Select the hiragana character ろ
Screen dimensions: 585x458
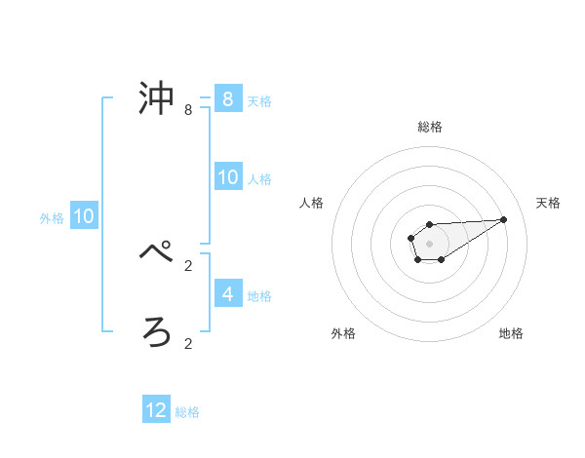click(158, 332)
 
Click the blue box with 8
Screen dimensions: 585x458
click(228, 98)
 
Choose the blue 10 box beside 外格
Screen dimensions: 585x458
click(84, 216)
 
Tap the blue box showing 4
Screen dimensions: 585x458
click(228, 293)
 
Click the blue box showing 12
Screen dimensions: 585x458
click(156, 410)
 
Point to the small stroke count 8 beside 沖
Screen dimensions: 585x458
click(188, 111)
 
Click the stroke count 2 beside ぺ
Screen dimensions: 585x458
click(188, 265)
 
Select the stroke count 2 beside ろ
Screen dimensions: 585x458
click(188, 343)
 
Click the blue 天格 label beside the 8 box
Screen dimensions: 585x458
click(259, 100)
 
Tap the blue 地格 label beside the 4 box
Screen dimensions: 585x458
click(259, 295)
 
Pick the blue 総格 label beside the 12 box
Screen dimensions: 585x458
click(187, 412)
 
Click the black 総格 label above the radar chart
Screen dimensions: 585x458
click(429, 127)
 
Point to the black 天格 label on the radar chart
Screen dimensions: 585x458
click(549, 203)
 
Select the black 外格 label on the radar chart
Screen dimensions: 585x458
click(343, 333)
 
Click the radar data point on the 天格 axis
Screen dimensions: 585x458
click(504, 219)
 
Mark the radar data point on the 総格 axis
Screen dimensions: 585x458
click(429, 225)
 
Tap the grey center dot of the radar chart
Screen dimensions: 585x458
click(429, 243)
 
